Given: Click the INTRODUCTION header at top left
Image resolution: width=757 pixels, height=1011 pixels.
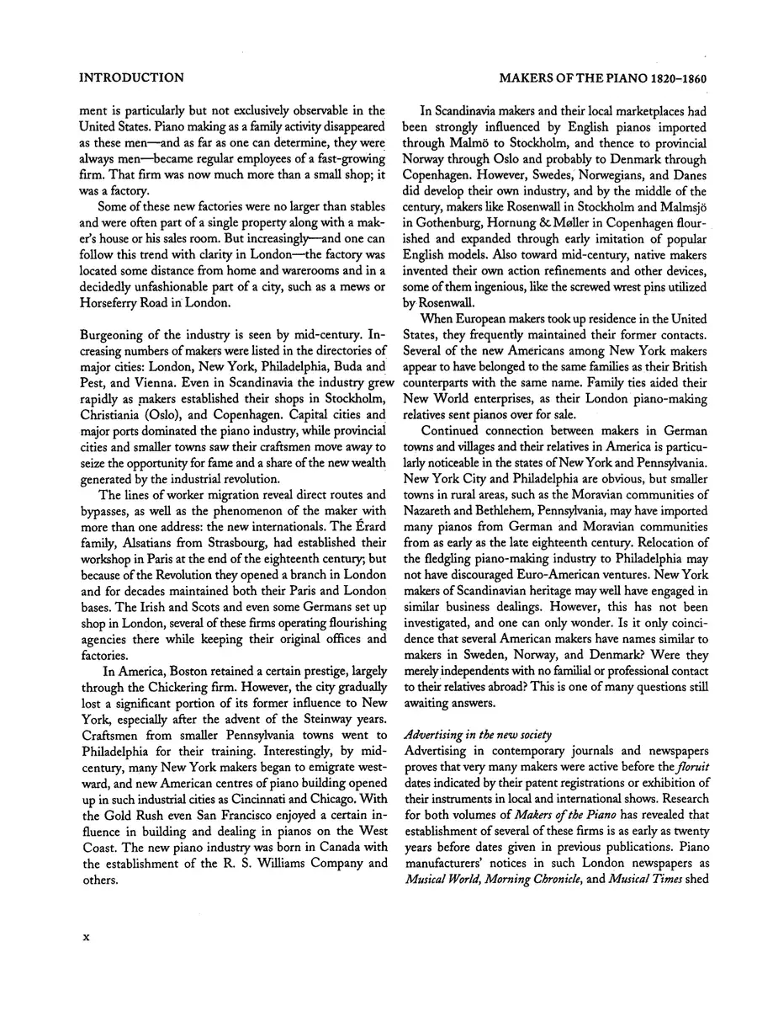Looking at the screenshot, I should click(131, 78).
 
